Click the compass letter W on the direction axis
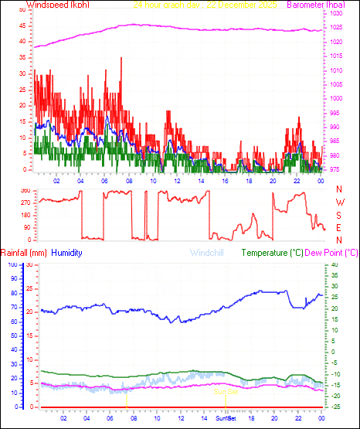point(339,202)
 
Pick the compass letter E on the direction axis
point(339,227)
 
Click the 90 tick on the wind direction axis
point(27,227)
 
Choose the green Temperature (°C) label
point(273,253)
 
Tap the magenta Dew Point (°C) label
point(331,253)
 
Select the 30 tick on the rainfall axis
point(29,264)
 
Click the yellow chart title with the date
point(205,5)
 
